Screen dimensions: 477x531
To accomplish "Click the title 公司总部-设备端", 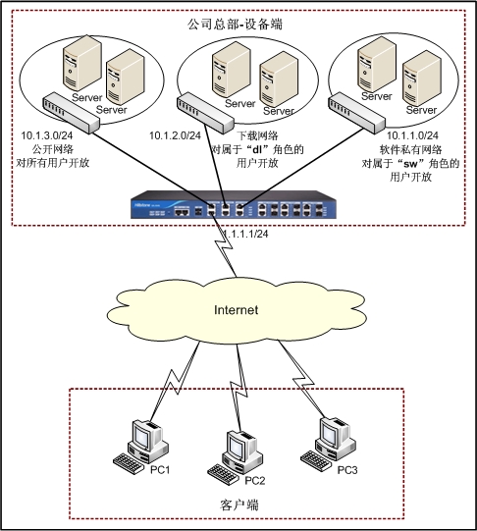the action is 235,25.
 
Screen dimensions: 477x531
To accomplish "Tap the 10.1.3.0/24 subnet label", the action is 47,135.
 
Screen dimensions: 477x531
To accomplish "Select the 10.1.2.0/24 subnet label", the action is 175,135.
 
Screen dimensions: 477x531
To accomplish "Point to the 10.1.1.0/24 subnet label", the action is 412,135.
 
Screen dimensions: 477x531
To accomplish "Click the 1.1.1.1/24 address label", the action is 245,234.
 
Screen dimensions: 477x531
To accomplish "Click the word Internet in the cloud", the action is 236,310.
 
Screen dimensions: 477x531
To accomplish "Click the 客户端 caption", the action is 239,504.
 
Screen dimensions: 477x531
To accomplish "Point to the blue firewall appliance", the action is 234,205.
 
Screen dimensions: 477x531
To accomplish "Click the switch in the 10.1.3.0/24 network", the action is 71,113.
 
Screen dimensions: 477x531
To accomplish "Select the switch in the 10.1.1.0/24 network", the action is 356,114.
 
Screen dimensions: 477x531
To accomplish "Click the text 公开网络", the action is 53,149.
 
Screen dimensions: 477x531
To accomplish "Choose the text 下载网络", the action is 257,135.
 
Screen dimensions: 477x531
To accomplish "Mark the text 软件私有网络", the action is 410,149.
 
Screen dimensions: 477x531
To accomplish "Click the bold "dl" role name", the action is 257,149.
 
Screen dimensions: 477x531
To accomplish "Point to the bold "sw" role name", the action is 411,164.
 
